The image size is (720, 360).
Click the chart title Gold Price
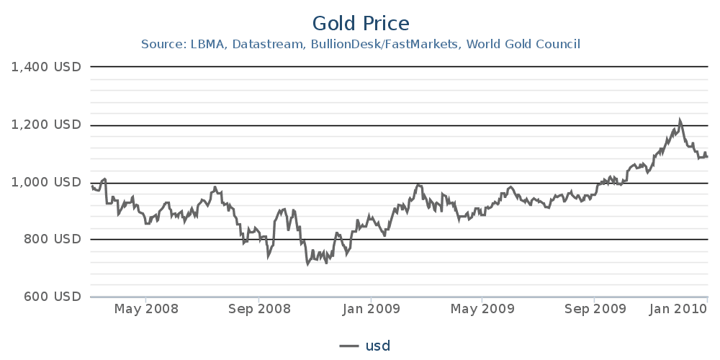[361, 23]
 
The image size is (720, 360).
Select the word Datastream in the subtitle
[267, 45]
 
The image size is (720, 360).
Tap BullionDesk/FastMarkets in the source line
[385, 45]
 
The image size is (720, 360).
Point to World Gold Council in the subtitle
[523, 45]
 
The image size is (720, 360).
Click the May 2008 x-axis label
[146, 310]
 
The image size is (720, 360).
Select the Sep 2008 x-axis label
[258, 310]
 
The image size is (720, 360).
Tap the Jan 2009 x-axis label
[371, 310]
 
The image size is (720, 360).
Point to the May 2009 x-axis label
[483, 310]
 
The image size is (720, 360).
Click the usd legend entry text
[378, 346]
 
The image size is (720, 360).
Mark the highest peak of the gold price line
[680, 120]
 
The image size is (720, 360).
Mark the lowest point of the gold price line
[308, 264]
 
